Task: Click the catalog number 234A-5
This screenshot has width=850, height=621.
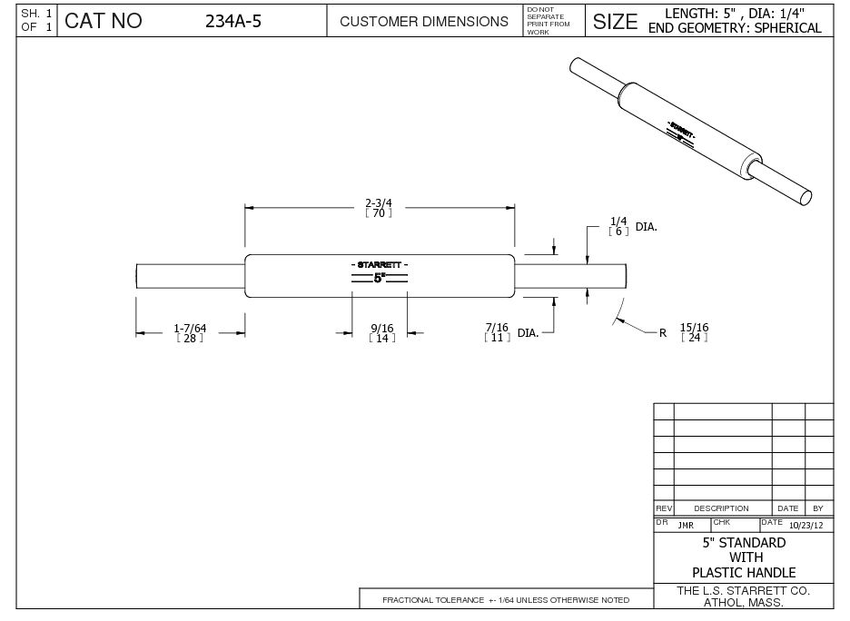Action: click(233, 21)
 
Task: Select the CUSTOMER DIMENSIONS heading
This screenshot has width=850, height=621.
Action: click(423, 21)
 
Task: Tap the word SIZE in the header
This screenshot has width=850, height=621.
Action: click(615, 21)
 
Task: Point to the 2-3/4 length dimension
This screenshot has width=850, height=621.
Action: click(379, 202)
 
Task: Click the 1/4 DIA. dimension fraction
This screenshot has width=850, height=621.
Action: click(618, 221)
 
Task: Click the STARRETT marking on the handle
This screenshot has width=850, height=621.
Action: click(379, 264)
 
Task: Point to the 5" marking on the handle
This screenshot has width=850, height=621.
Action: click(380, 279)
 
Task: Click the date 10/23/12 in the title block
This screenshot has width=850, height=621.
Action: click(806, 525)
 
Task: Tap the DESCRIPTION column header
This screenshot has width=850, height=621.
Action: click(721, 508)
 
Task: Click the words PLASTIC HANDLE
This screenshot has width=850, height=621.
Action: click(744, 572)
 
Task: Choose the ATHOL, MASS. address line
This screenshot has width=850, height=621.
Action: click(744, 602)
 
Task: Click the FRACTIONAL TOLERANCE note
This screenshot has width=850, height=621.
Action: click(506, 600)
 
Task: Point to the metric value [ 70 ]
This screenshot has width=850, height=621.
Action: click(379, 213)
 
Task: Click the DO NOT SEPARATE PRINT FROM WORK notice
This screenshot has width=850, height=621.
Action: click(548, 20)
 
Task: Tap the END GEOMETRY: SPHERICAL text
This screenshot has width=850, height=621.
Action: click(736, 28)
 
